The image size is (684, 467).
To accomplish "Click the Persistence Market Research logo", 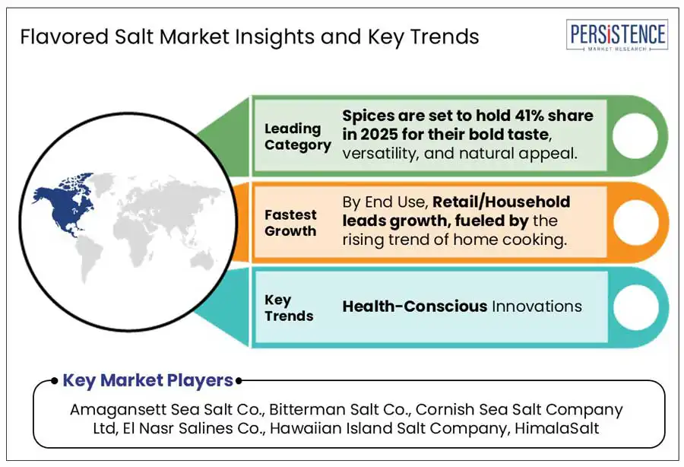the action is pyautogui.click(x=617, y=35).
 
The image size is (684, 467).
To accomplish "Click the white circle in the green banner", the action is pyautogui.click(x=635, y=135).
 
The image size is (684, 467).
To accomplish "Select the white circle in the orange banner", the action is pyautogui.click(x=636, y=222).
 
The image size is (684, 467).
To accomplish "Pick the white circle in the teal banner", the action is pyautogui.click(x=636, y=307).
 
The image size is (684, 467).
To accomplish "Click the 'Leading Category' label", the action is pyautogui.click(x=297, y=137).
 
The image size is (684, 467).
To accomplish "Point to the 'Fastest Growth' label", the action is pyautogui.click(x=290, y=223).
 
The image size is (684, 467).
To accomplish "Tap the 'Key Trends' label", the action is pyautogui.click(x=289, y=308).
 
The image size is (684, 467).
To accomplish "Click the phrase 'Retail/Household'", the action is pyautogui.click(x=502, y=202).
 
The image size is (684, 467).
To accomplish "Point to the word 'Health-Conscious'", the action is pyautogui.click(x=414, y=307).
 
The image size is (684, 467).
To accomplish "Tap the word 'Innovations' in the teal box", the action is pyautogui.click(x=537, y=307).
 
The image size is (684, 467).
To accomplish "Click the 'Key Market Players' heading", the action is pyautogui.click(x=148, y=380).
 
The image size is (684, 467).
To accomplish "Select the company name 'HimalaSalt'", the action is pyautogui.click(x=556, y=428).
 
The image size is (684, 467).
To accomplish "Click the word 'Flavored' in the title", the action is pyautogui.click(x=65, y=37).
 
